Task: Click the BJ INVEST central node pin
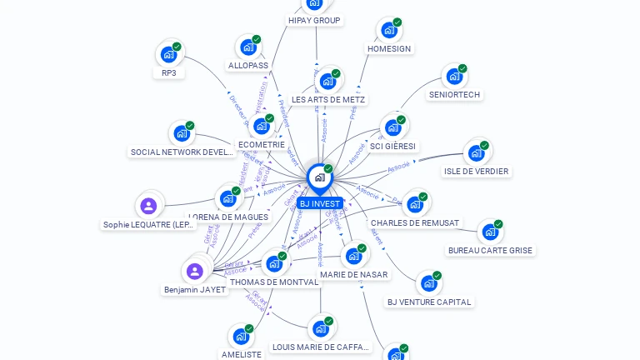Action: pos(319,177)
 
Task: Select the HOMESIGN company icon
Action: pos(388,30)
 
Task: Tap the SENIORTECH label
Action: pos(454,94)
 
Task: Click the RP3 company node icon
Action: pos(168,55)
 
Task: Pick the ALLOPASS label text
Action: pos(248,65)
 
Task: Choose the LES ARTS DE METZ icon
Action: pos(327,81)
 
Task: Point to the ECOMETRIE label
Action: pos(262,144)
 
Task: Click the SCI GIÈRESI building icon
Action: pos(392,127)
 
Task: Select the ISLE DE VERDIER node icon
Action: pos(476,152)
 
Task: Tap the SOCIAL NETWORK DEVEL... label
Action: pos(182,152)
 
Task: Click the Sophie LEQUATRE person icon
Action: pos(149,206)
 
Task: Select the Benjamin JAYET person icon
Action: pos(194,271)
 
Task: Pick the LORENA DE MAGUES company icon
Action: pos(227,198)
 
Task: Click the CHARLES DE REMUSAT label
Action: pos(415,222)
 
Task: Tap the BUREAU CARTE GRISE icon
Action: pos(489,232)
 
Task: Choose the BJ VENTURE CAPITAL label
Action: pos(429,302)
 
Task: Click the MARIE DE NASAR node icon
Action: pos(353,255)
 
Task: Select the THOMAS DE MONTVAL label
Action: pos(274,282)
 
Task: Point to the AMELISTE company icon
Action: pos(241,337)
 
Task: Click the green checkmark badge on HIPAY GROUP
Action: pos(326,2)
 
